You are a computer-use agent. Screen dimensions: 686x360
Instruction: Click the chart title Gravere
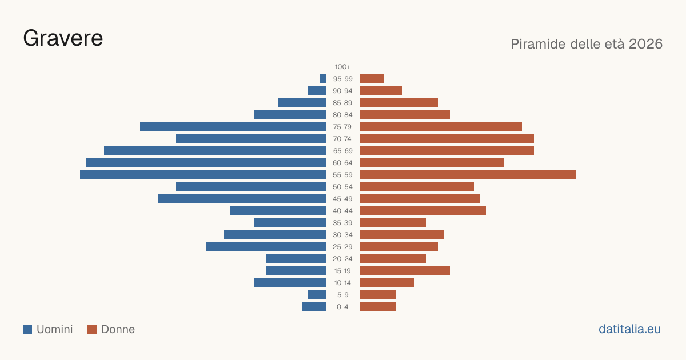pyautogui.click(x=63, y=38)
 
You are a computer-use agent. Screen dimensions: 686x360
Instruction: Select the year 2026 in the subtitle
pyautogui.click(x=645, y=44)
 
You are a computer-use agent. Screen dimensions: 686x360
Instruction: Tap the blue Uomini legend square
pyautogui.click(x=27, y=329)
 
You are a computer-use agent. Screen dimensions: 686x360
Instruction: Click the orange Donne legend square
pyautogui.click(x=92, y=329)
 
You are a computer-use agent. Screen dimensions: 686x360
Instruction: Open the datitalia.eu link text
pyautogui.click(x=629, y=329)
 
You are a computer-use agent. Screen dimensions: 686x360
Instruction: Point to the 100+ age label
pyautogui.click(x=342, y=67)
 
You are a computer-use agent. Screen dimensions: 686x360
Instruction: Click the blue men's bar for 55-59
pyautogui.click(x=203, y=174)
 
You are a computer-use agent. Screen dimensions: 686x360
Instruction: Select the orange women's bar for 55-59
pyautogui.click(x=468, y=174)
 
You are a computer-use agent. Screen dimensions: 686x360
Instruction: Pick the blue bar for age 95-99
pyautogui.click(x=323, y=79)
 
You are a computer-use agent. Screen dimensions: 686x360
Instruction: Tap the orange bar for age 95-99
pyautogui.click(x=372, y=79)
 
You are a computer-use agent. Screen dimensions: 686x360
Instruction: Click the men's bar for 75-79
pyautogui.click(x=233, y=127)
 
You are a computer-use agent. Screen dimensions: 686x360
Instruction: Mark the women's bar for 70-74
pyautogui.click(x=447, y=139)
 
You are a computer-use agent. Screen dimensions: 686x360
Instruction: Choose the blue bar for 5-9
pyautogui.click(x=317, y=294)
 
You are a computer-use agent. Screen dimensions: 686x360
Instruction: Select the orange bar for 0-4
pyautogui.click(x=378, y=306)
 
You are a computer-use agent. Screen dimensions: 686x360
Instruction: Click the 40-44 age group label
pyautogui.click(x=342, y=211)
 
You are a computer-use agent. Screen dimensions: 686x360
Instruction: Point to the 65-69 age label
pyautogui.click(x=342, y=151)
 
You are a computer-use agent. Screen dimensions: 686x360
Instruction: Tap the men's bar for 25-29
pyautogui.click(x=266, y=246)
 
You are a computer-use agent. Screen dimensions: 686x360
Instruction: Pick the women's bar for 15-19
pyautogui.click(x=405, y=271)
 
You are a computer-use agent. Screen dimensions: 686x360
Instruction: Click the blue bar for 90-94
pyautogui.click(x=317, y=91)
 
